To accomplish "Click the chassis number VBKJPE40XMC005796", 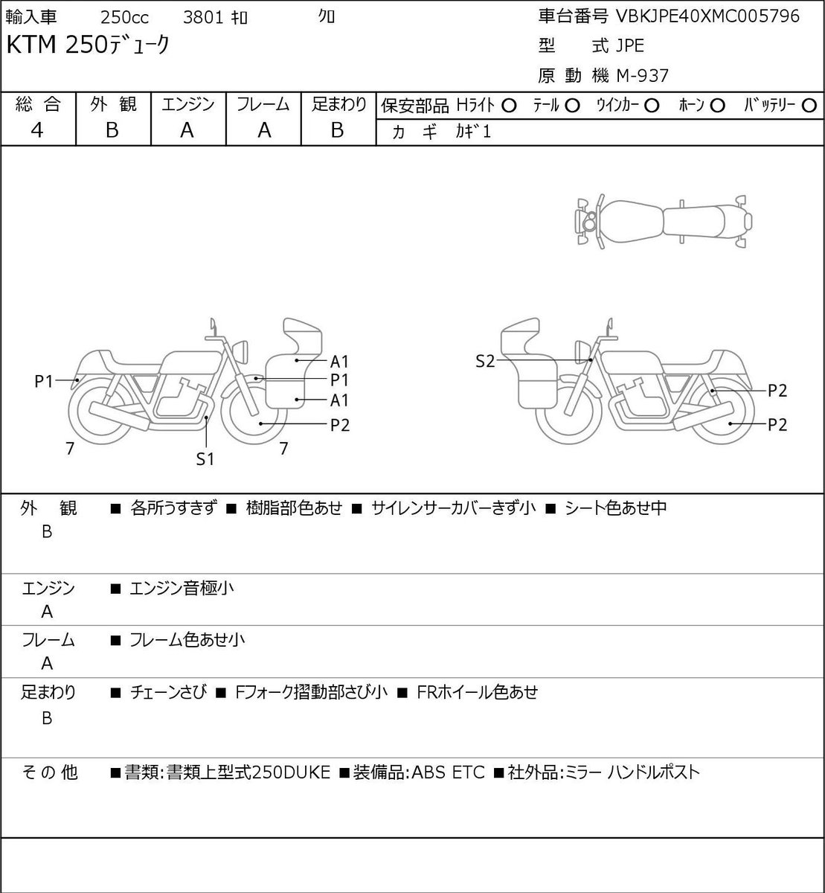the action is [707, 16].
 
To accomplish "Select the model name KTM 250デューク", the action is [88, 45].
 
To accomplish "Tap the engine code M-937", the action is [643, 76].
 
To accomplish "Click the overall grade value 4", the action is [37, 130].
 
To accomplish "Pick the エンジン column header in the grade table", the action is [188, 104].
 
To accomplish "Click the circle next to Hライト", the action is [509, 106].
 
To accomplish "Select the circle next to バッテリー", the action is [809, 106].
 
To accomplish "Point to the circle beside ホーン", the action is [717, 106].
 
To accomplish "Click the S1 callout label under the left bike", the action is [205, 459].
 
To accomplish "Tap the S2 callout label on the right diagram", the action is [485, 361].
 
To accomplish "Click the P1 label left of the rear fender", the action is [44, 382].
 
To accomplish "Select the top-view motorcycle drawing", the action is [664, 221].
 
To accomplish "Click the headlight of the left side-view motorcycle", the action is [240, 352].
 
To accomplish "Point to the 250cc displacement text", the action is [124, 18].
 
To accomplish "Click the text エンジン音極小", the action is [182, 588].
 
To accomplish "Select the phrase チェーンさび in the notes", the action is [168, 692].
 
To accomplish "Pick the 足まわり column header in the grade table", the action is [339, 104].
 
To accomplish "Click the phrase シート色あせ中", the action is [615, 508].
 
